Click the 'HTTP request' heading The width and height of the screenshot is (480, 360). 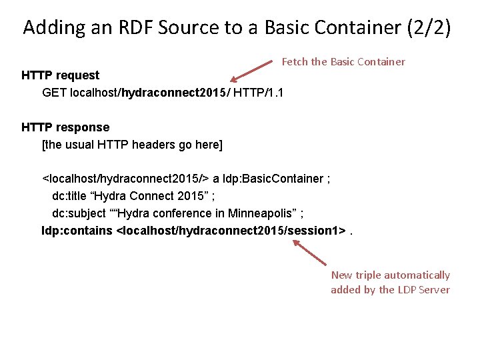tap(60, 75)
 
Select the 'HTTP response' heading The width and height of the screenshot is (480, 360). tap(65, 127)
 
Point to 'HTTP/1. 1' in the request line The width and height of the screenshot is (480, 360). tap(259, 93)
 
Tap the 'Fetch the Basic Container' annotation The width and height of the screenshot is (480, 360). tap(343, 61)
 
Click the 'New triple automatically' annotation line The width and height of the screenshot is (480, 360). tap(390, 275)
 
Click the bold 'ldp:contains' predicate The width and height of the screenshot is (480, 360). tap(77, 231)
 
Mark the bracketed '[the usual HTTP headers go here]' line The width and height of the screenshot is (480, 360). tap(132, 144)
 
